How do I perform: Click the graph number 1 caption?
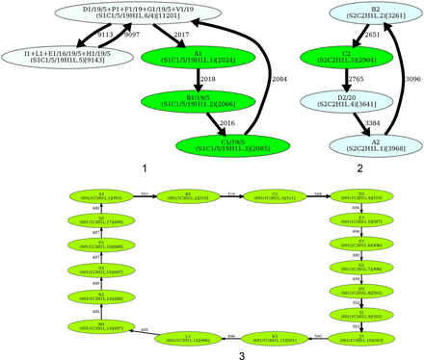point(144,169)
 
